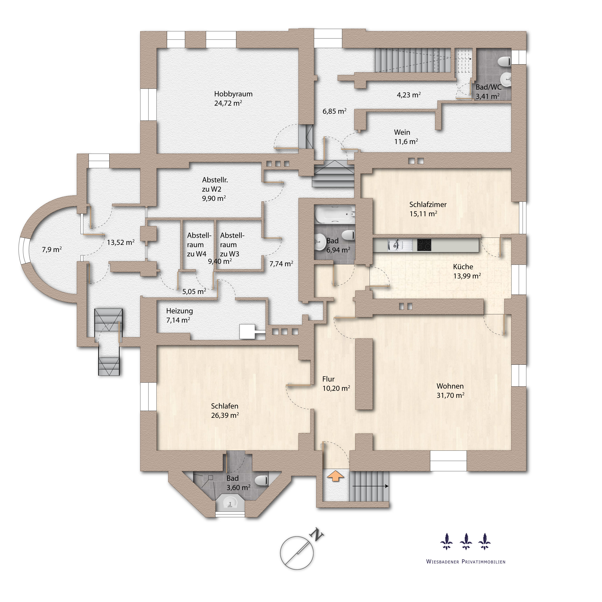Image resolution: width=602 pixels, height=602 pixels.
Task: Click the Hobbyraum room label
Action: coord(233,94)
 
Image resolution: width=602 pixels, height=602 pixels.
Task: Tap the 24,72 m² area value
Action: coord(228,103)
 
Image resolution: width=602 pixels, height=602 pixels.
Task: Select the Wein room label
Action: coord(402,132)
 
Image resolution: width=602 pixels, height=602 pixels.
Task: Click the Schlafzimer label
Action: coord(428,205)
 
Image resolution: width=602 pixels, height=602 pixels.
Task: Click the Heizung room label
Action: coord(179,311)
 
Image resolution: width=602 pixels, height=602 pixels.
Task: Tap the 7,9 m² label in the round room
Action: coord(52,250)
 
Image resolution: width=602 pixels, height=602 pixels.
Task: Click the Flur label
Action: coord(328,379)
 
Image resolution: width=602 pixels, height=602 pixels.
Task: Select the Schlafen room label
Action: coord(225,406)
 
